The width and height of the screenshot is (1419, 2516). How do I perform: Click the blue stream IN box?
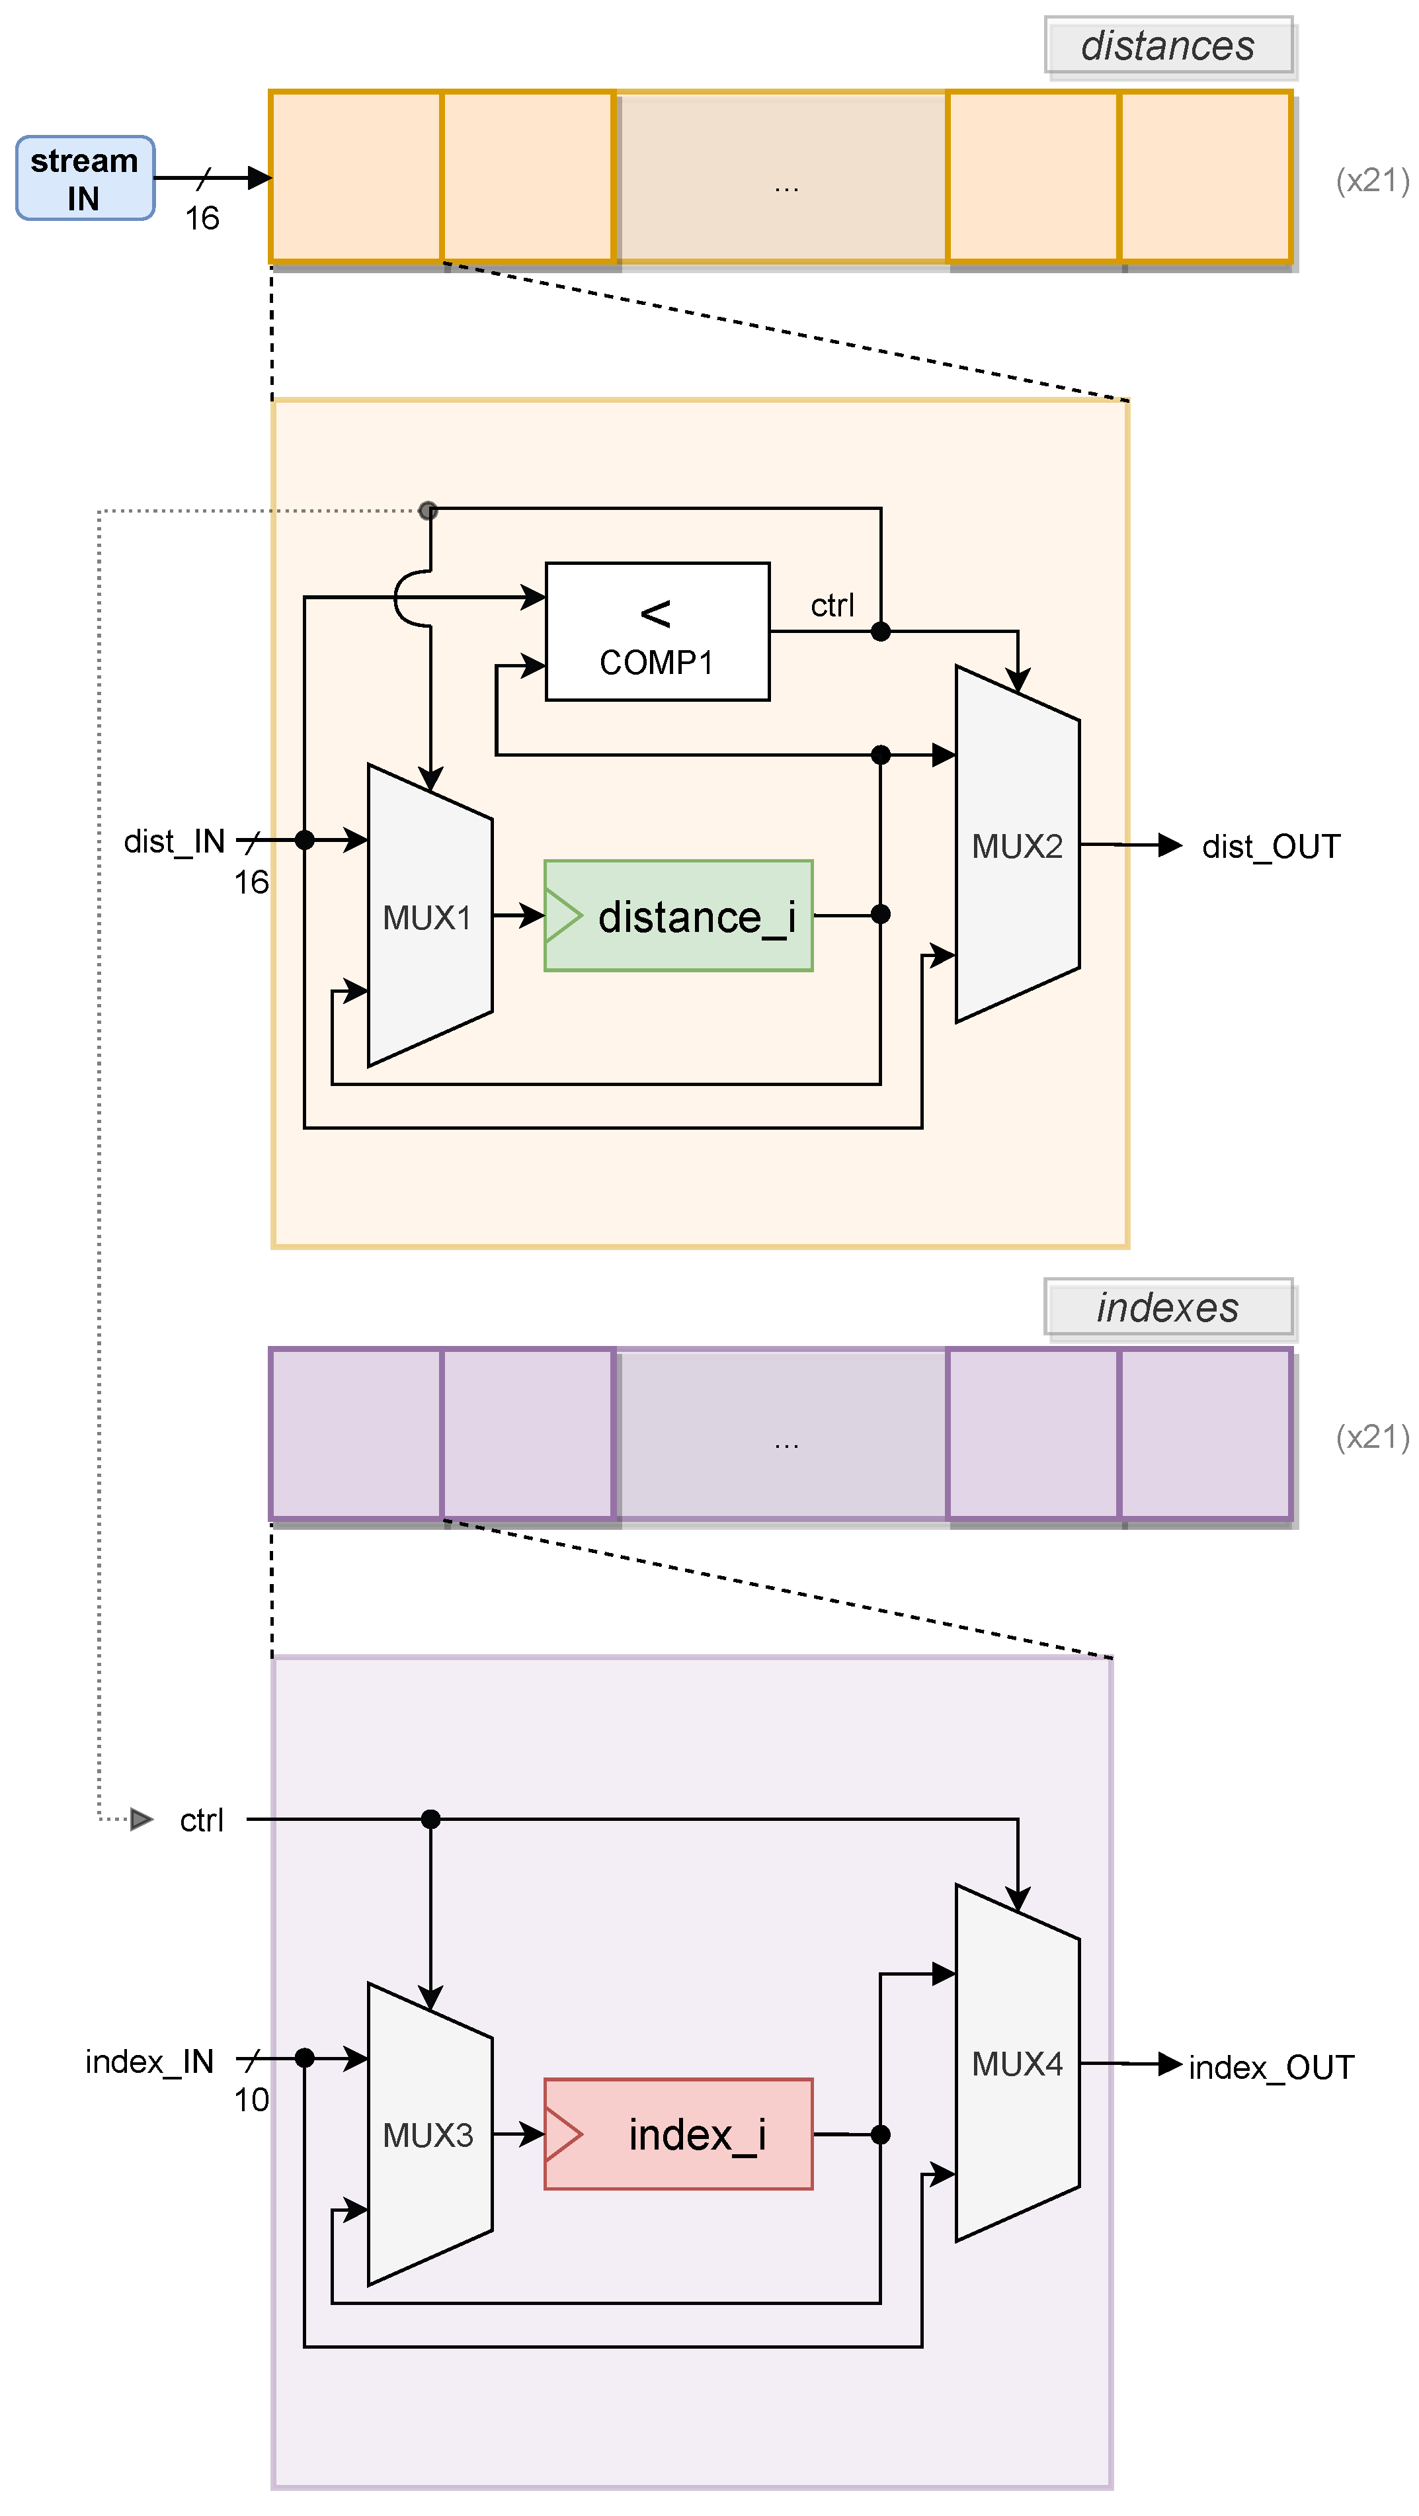pos(85,178)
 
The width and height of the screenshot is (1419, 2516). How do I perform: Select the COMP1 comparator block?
pos(657,631)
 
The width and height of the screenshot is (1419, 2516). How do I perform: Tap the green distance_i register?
pos(678,915)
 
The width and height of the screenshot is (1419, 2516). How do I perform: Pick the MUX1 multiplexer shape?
pos(428,915)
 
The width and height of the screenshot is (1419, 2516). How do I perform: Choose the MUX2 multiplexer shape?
pos(1016,845)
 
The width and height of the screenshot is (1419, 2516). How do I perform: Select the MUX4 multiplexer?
pos(1016,2063)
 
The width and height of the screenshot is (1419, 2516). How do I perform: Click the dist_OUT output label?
pos(1271,846)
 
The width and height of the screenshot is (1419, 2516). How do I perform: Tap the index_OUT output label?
pos(1271,2067)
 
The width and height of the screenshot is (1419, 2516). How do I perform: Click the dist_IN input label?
pos(174,841)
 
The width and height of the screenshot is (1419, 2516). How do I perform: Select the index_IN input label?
pos(149,2061)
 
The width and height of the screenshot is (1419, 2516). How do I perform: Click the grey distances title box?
pos(1168,45)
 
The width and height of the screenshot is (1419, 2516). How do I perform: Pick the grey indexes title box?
pos(1168,1307)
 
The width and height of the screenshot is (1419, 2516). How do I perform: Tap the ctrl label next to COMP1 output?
pos(832,606)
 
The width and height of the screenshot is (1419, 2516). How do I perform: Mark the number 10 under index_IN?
pos(251,2099)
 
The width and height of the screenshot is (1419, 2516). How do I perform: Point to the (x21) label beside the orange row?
pos(1372,180)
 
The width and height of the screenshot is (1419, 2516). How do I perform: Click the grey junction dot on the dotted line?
pos(428,510)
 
